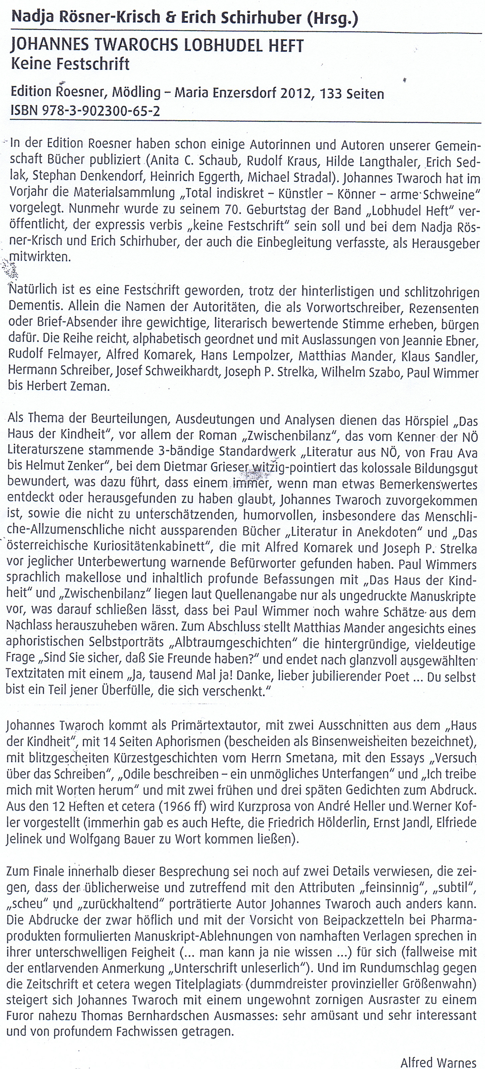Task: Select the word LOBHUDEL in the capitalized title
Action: tap(224, 46)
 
